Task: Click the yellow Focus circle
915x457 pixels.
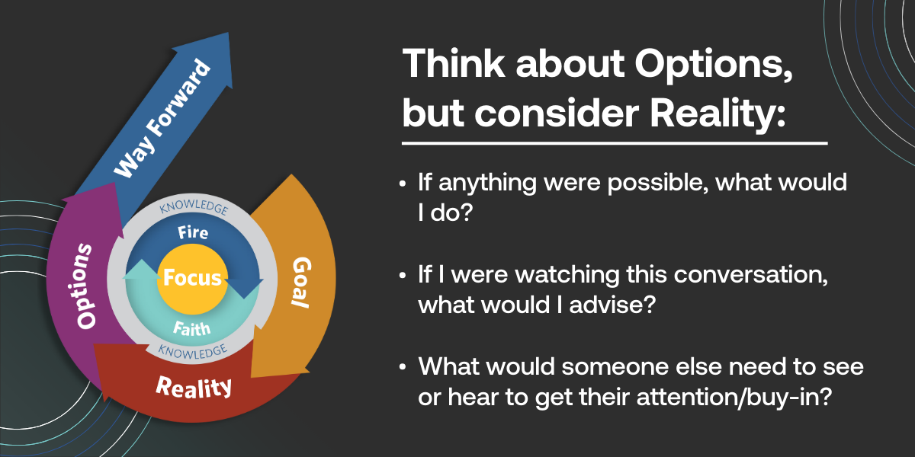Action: click(x=192, y=277)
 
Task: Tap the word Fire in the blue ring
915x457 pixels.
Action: click(x=192, y=232)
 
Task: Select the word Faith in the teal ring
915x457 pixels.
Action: click(x=192, y=328)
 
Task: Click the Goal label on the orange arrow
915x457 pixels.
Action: click(x=300, y=282)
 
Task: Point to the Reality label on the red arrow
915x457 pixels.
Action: click(x=194, y=386)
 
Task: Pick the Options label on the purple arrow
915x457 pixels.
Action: click(x=86, y=286)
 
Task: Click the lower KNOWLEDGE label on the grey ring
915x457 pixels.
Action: click(x=192, y=351)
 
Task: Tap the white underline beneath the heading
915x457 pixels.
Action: click(x=614, y=142)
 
